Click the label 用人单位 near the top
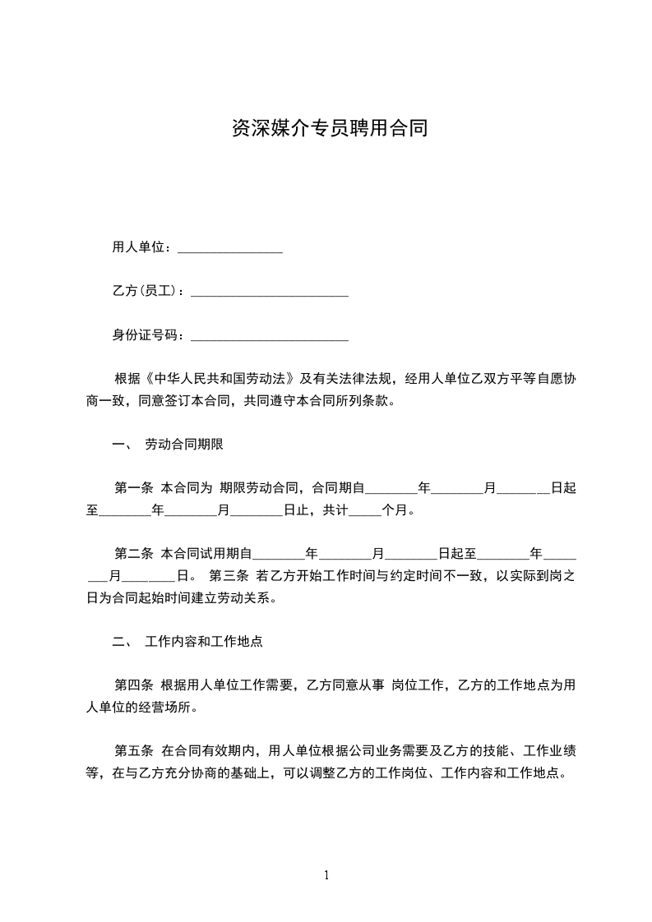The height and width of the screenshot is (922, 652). [138, 247]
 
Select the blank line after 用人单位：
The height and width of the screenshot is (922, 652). [230, 250]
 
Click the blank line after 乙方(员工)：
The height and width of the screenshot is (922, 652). [269, 293]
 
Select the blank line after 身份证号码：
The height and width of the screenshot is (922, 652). [269, 338]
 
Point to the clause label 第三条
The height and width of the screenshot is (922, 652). [230, 574]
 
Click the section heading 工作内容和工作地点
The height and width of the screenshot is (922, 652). [203, 641]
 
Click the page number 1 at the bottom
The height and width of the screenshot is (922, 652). [326, 875]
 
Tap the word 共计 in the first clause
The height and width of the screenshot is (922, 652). [335, 510]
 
